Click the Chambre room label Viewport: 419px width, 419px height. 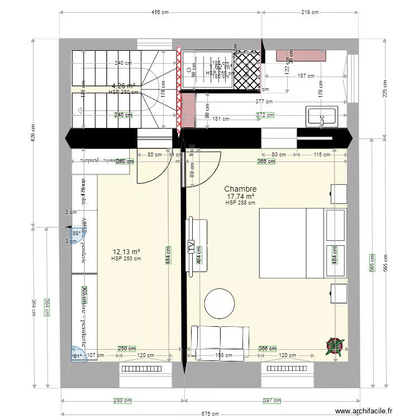[x=240, y=189]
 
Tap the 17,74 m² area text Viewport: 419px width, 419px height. [x=240, y=197]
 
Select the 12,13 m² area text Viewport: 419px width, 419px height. [x=126, y=252]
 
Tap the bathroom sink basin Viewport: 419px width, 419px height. [x=321, y=116]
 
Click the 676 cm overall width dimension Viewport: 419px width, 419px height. [x=209, y=413]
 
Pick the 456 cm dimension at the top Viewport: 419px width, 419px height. [x=161, y=12]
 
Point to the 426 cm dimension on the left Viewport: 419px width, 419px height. [x=34, y=132]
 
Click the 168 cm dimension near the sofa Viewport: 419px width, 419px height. [x=223, y=355]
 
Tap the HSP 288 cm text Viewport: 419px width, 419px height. [x=240, y=203]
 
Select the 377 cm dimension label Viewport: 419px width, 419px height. [x=264, y=102]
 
